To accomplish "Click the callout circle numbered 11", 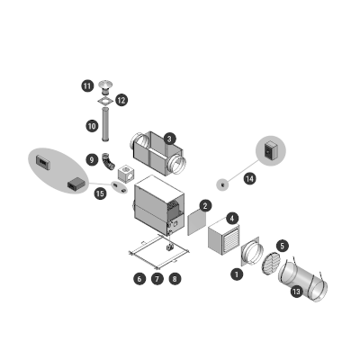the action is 87,86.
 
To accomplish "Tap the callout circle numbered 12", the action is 121,100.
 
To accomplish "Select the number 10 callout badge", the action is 92,126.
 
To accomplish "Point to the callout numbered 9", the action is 92,159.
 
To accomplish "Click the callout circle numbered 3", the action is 170,139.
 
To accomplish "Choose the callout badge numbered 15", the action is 100,193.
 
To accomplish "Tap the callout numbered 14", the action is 249,179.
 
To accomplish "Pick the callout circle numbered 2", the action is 205,206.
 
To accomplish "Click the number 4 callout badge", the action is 232,219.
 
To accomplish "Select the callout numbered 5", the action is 282,246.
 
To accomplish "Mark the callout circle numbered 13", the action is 296,292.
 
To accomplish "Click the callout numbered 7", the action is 157,279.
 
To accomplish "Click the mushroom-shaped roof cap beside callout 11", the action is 105,87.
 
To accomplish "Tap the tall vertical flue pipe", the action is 105,125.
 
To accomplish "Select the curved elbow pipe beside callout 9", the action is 108,161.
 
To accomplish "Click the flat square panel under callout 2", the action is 197,222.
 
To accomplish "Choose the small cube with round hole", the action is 126,173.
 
